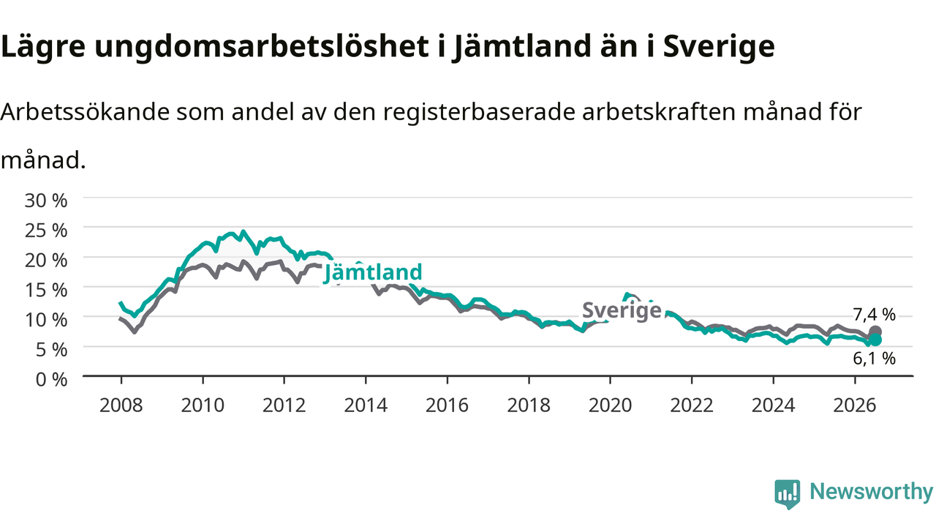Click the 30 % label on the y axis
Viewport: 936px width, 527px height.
point(46,201)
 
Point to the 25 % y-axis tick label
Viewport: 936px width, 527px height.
point(46,231)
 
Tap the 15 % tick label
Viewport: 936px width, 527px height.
point(46,291)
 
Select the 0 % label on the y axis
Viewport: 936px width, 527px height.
point(51,380)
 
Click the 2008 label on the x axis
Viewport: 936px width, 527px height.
point(121,405)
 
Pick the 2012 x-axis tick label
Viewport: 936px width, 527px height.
point(284,405)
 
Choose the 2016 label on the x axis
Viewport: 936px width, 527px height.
point(447,405)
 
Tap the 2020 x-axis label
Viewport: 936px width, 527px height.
point(610,405)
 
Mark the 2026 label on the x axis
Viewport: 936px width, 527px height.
point(855,405)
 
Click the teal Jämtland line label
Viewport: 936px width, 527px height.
point(373,273)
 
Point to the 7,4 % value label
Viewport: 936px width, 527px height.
point(874,315)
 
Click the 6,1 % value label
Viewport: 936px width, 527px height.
point(874,359)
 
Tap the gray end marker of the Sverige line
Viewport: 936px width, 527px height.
point(875,332)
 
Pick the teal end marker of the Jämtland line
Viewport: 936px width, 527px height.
point(875,340)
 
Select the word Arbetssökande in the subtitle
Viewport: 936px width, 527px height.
point(85,112)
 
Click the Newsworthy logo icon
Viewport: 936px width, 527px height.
point(788,494)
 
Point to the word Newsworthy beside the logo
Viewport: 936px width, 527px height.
point(871,491)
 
